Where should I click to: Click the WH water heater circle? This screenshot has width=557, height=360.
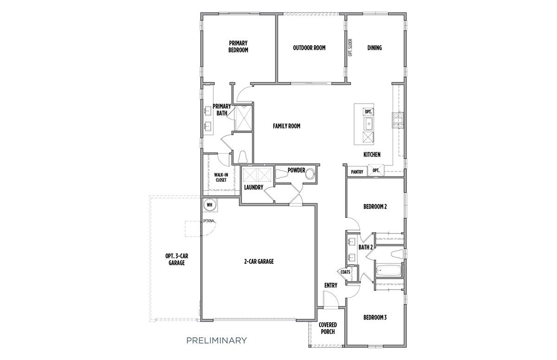209,204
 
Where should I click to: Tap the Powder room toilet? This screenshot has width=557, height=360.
281,175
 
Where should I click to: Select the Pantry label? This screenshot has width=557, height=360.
357,172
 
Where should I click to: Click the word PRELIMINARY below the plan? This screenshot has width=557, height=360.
216,340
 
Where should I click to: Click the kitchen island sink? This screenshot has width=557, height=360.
368,124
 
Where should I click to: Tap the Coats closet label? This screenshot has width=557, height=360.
345,272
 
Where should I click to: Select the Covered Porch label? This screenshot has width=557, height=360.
328,328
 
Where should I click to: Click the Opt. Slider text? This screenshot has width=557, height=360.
350,47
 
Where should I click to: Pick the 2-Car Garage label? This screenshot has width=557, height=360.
259,262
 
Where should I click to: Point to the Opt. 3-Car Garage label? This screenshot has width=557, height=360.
177,259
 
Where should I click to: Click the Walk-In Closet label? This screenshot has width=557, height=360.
220,177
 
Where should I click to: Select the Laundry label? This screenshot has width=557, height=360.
254,187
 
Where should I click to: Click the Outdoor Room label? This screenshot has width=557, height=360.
309,47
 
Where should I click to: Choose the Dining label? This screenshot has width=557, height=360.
375,47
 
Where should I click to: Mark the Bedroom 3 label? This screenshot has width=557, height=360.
375,318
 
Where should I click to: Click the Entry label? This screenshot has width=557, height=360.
330,285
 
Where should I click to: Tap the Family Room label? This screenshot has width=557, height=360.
286,126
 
